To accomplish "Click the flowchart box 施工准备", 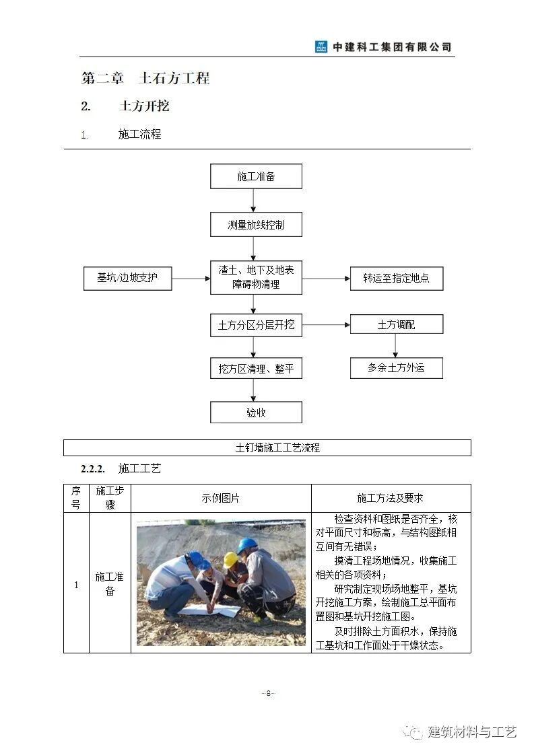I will point(256,176).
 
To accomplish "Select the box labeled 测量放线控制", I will point(256,225).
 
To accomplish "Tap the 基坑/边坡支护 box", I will point(127,278).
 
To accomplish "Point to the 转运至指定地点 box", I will point(396,278).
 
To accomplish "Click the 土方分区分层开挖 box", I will point(256,325).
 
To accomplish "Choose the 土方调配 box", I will point(396,324).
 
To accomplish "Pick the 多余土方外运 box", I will point(396,368).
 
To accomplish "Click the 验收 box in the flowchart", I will point(256,412).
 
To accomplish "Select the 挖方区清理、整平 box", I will point(256,369).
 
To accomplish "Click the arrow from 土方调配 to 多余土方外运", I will point(395,345).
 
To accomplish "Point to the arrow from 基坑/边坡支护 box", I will point(191,278).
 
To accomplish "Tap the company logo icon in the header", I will point(321,47).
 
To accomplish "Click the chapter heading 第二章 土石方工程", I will point(145,78).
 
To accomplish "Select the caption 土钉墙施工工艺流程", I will point(267,447).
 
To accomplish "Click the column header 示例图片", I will point(220,499).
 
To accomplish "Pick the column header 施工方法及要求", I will point(391,499).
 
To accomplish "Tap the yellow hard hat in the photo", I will point(230,559).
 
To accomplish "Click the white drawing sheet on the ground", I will point(209,610).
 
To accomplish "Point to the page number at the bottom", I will point(267,693).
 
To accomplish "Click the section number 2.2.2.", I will point(94,468).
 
